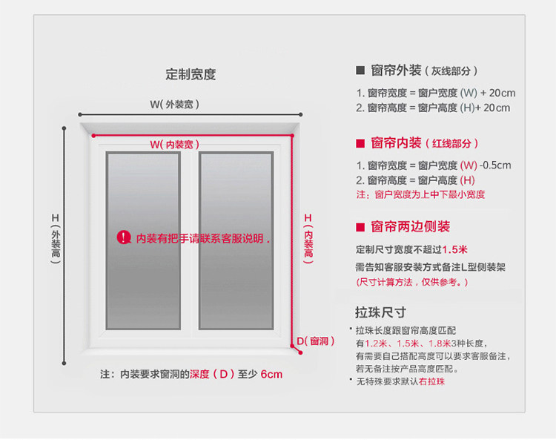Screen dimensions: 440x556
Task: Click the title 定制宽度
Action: (x=191, y=75)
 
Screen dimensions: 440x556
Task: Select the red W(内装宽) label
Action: (x=174, y=144)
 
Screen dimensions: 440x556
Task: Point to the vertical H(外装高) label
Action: (x=56, y=238)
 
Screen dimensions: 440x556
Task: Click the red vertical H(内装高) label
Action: (x=308, y=237)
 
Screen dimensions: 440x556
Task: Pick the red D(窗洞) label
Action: (x=316, y=341)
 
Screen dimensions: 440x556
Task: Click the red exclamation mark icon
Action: (x=123, y=237)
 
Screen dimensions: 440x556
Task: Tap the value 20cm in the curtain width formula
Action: (x=502, y=93)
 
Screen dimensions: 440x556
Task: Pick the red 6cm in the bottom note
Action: (x=271, y=375)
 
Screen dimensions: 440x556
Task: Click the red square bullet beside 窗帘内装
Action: (x=360, y=143)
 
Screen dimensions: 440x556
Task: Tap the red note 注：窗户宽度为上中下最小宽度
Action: (x=420, y=194)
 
